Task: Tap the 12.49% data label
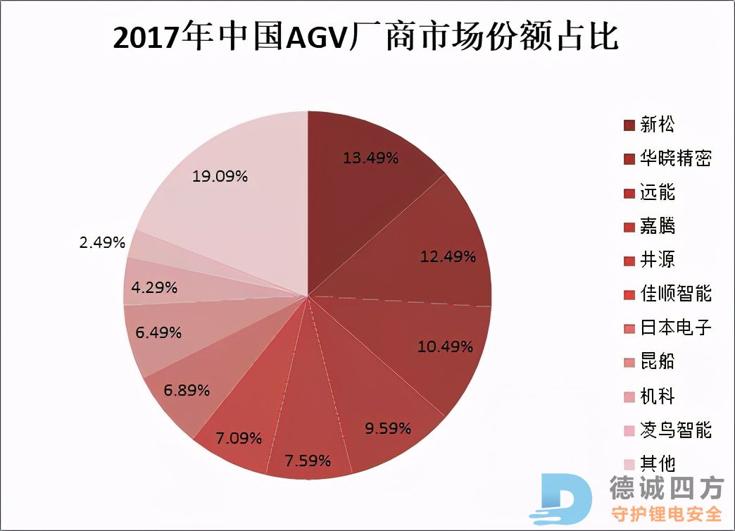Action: [x=448, y=256]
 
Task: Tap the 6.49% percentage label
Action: [x=158, y=332]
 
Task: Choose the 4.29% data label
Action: [x=154, y=287]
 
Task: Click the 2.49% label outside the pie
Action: [x=102, y=243]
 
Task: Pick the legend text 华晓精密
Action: [x=675, y=158]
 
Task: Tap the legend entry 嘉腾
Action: [x=657, y=226]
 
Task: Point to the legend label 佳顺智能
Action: [x=675, y=294]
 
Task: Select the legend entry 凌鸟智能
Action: [x=675, y=430]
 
